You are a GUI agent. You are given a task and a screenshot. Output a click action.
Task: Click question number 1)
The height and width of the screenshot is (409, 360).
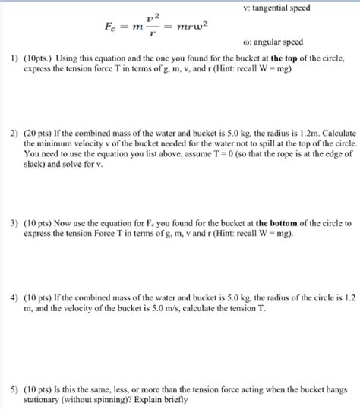pyautogui.click(x=14, y=58)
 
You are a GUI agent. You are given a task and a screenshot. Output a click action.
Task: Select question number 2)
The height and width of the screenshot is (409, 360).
pyautogui.click(x=14, y=131)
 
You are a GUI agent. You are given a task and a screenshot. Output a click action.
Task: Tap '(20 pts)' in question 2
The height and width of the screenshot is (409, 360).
pyautogui.click(x=39, y=131)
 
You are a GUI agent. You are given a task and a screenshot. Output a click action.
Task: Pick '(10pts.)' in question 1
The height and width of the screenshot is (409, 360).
pyautogui.click(x=39, y=58)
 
